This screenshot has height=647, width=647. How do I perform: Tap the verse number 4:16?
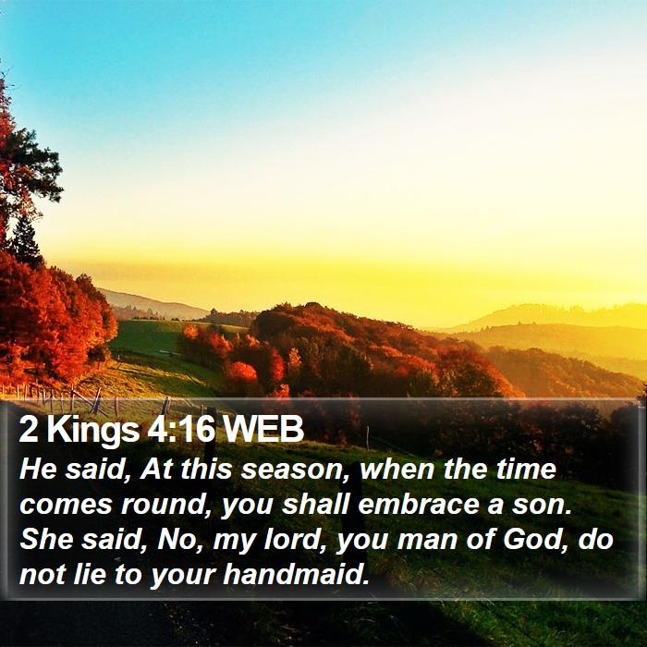[x=181, y=429]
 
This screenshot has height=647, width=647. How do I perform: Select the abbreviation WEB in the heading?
[x=262, y=429]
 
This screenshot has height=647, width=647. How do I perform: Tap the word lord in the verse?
[x=294, y=539]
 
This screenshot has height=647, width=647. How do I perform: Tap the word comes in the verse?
[x=66, y=506]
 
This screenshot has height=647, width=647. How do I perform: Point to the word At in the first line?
[x=156, y=469]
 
